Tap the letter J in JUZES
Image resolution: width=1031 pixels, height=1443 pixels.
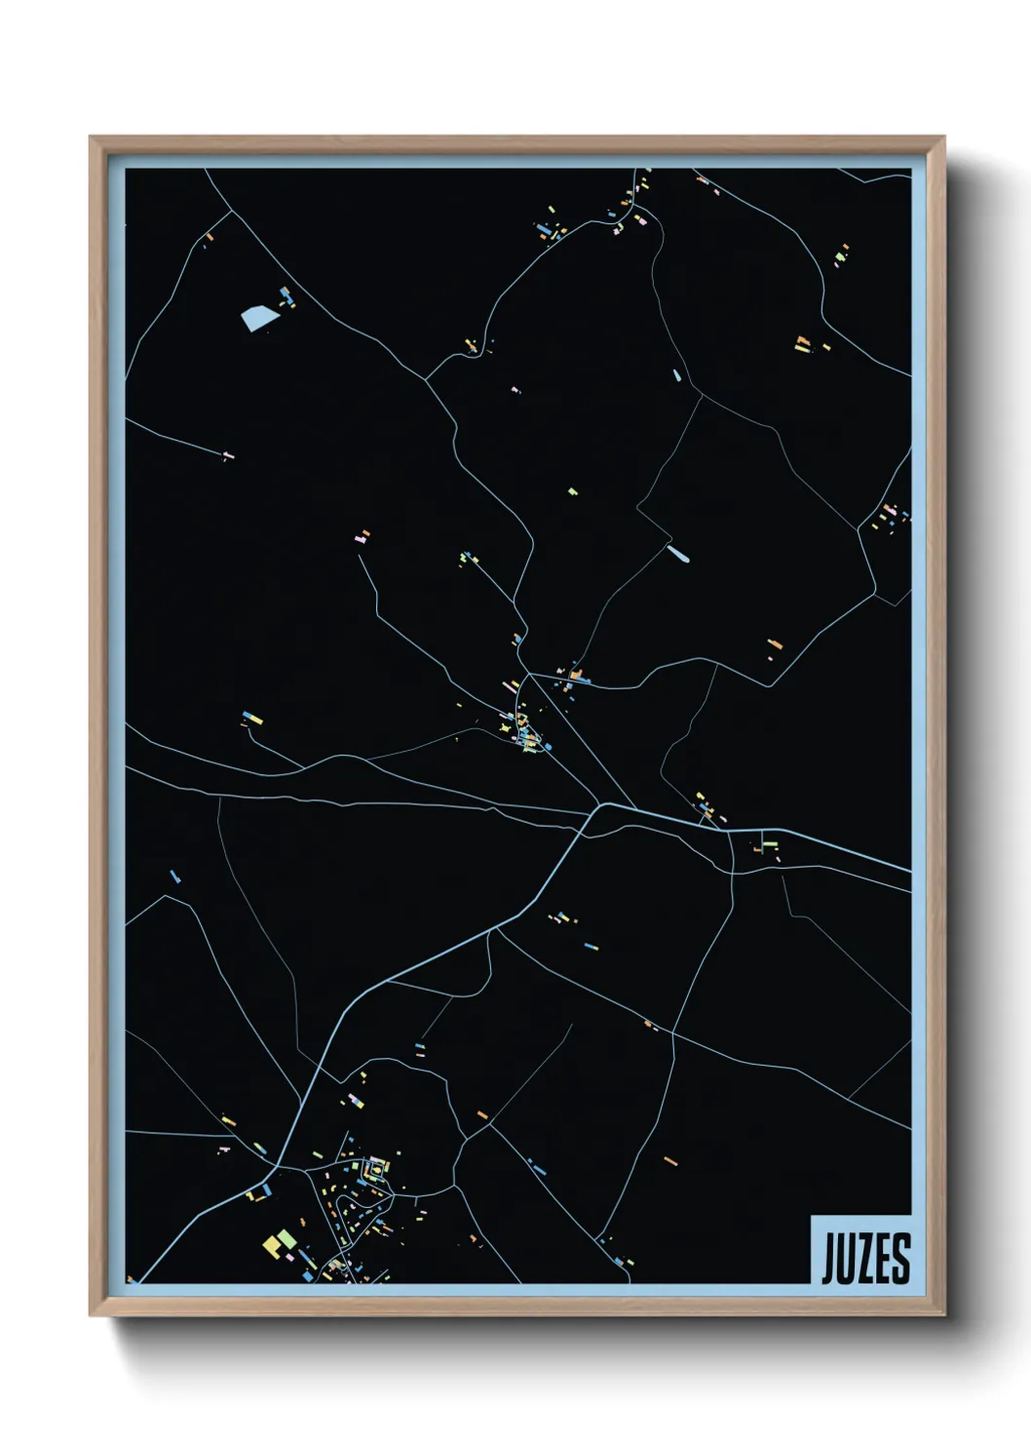(x=829, y=1260)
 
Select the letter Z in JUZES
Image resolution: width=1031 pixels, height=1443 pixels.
(x=866, y=1259)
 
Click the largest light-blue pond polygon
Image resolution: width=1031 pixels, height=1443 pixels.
(x=257, y=318)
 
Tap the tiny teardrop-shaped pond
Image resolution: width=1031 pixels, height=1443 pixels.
(x=676, y=374)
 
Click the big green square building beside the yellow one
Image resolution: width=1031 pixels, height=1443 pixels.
(x=286, y=1238)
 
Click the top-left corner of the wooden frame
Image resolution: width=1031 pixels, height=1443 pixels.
(x=92, y=138)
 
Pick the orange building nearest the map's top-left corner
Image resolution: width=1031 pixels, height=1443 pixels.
(x=209, y=235)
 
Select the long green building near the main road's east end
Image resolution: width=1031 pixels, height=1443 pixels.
(x=769, y=844)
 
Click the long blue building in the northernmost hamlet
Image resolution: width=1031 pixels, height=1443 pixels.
(x=543, y=230)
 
